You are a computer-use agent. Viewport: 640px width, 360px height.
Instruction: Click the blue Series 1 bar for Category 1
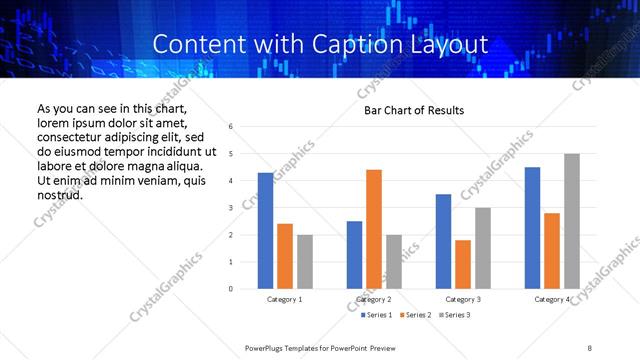(x=265, y=231)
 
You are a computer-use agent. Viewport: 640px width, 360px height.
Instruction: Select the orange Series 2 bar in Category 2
(x=374, y=229)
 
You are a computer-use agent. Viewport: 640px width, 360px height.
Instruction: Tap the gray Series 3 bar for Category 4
(x=572, y=221)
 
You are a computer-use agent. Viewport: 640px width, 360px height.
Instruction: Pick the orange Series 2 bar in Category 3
(x=463, y=264)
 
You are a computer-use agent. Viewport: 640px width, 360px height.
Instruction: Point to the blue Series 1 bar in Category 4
(x=532, y=228)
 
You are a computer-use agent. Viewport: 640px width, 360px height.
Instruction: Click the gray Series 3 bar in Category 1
(x=304, y=262)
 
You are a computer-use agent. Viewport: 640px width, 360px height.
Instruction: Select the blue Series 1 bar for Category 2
(x=354, y=255)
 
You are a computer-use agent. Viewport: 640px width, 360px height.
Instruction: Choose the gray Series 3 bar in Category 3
(x=482, y=248)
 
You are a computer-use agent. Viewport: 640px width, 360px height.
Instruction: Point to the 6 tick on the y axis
(x=231, y=127)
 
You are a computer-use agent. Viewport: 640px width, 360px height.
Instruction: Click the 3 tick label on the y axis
(x=231, y=208)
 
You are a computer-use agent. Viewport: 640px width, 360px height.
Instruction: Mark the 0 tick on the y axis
(x=231, y=289)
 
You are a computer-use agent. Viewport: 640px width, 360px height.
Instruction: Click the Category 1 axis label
(x=285, y=299)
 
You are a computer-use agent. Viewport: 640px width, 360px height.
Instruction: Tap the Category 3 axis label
(x=463, y=299)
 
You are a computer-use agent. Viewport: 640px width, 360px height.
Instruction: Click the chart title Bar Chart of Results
(x=413, y=110)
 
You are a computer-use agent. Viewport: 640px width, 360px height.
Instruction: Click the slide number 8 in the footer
(x=590, y=347)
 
